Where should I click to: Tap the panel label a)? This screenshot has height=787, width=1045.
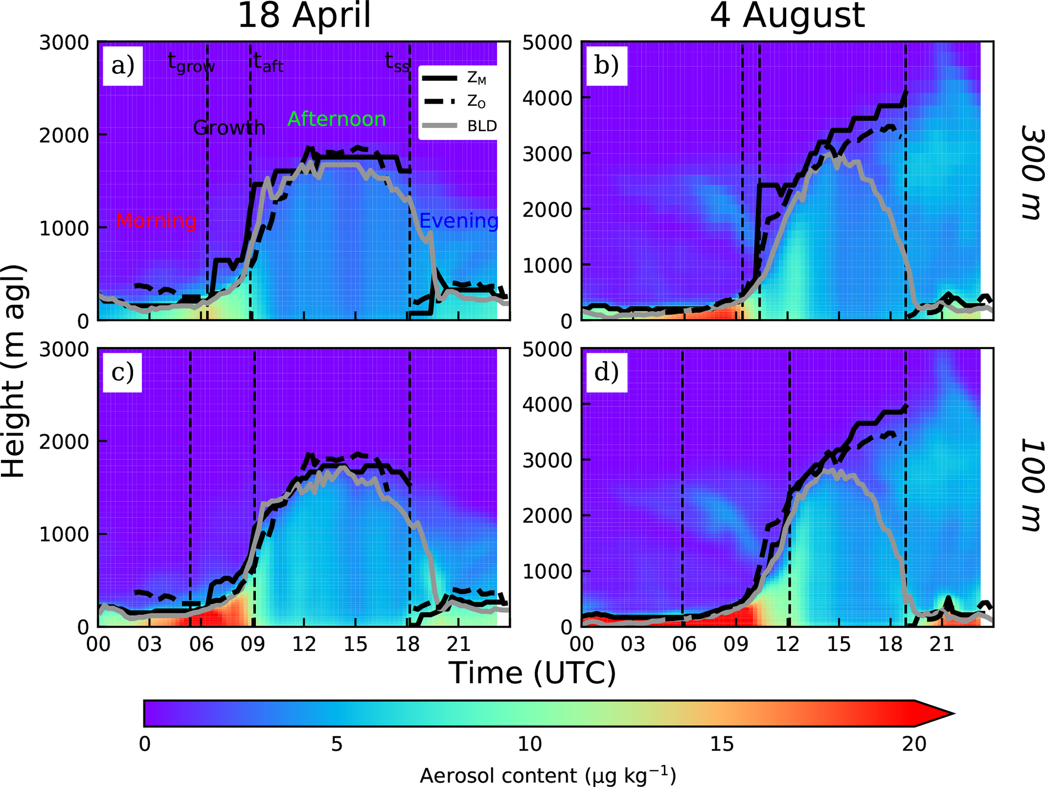click(123, 66)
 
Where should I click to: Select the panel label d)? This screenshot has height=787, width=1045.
click(607, 372)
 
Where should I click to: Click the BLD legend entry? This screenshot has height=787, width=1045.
click(482, 126)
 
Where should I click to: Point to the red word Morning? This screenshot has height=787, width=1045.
click(156, 221)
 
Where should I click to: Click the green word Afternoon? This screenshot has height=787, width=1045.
click(336, 119)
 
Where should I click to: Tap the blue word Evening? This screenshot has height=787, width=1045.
click(459, 221)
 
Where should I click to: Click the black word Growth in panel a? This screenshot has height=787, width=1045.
click(229, 128)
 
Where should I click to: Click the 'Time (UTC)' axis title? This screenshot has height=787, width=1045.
click(532, 673)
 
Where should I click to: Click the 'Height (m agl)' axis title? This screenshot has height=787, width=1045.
click(14, 372)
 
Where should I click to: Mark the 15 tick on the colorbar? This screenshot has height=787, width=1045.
click(721, 744)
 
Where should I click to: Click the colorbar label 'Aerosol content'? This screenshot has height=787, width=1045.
click(548, 776)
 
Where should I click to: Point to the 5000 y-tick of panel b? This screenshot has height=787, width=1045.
click(546, 42)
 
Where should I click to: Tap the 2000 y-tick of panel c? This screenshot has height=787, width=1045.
click(63, 442)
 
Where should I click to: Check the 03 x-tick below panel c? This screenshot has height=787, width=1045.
click(150, 644)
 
